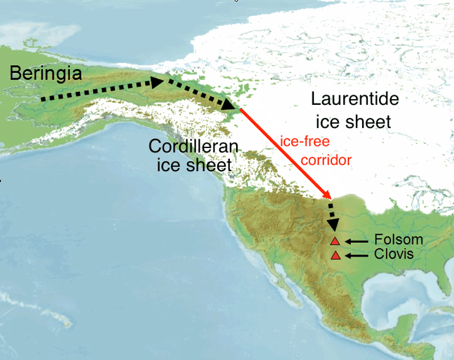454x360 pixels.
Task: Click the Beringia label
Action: tap(46, 73)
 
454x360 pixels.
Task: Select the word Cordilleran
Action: tap(194, 146)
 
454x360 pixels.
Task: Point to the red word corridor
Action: tap(326, 160)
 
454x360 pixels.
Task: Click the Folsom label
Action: tap(398, 240)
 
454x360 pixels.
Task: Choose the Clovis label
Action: tap(394, 255)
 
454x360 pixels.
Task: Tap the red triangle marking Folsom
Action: tap(335, 241)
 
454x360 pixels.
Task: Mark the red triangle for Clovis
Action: tap(335, 256)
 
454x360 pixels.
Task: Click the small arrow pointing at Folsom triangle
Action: tap(356, 242)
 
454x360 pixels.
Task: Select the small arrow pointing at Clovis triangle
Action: tap(356, 256)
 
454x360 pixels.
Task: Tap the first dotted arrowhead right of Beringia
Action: tap(157, 82)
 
